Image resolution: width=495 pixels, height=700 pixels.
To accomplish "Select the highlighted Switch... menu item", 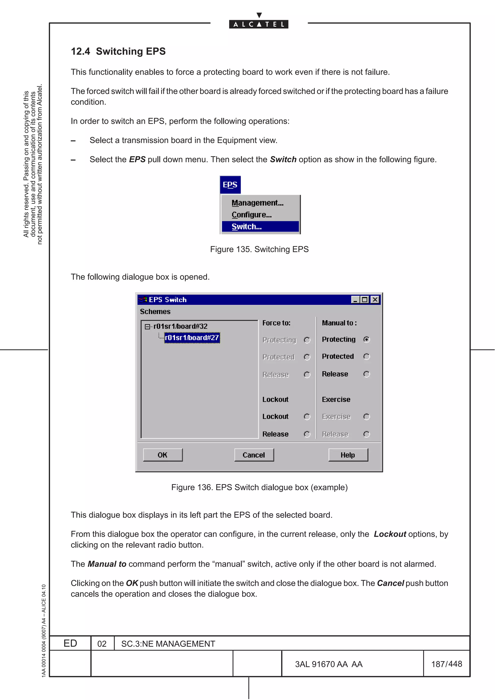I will [x=260, y=227].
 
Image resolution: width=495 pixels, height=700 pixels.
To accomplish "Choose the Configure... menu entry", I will [x=251, y=215].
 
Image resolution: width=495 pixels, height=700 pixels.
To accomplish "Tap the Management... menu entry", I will [x=257, y=203].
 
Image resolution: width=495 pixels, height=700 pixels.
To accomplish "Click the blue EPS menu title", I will [x=230, y=185].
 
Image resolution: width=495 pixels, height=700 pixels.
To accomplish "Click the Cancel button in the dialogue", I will [x=254, y=455].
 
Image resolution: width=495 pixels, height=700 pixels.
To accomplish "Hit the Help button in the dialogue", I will [x=348, y=455].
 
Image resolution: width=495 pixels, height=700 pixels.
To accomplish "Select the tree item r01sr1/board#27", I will [x=192, y=337].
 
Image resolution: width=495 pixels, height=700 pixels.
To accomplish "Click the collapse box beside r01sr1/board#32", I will [x=147, y=327].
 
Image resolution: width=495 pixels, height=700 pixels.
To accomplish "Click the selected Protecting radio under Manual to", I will [x=367, y=339].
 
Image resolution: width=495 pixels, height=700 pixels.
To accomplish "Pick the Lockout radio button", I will [x=307, y=416].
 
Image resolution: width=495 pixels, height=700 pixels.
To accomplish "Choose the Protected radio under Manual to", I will [x=367, y=357].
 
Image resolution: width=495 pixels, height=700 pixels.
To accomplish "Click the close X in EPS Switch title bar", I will [x=375, y=300].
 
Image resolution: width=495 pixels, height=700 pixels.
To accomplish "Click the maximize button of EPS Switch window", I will [x=364, y=300].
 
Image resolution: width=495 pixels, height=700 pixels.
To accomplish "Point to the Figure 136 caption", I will [x=259, y=487].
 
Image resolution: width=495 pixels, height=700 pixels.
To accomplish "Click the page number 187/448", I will [x=446, y=664].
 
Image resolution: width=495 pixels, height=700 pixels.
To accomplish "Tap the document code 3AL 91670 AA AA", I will [x=328, y=664].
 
